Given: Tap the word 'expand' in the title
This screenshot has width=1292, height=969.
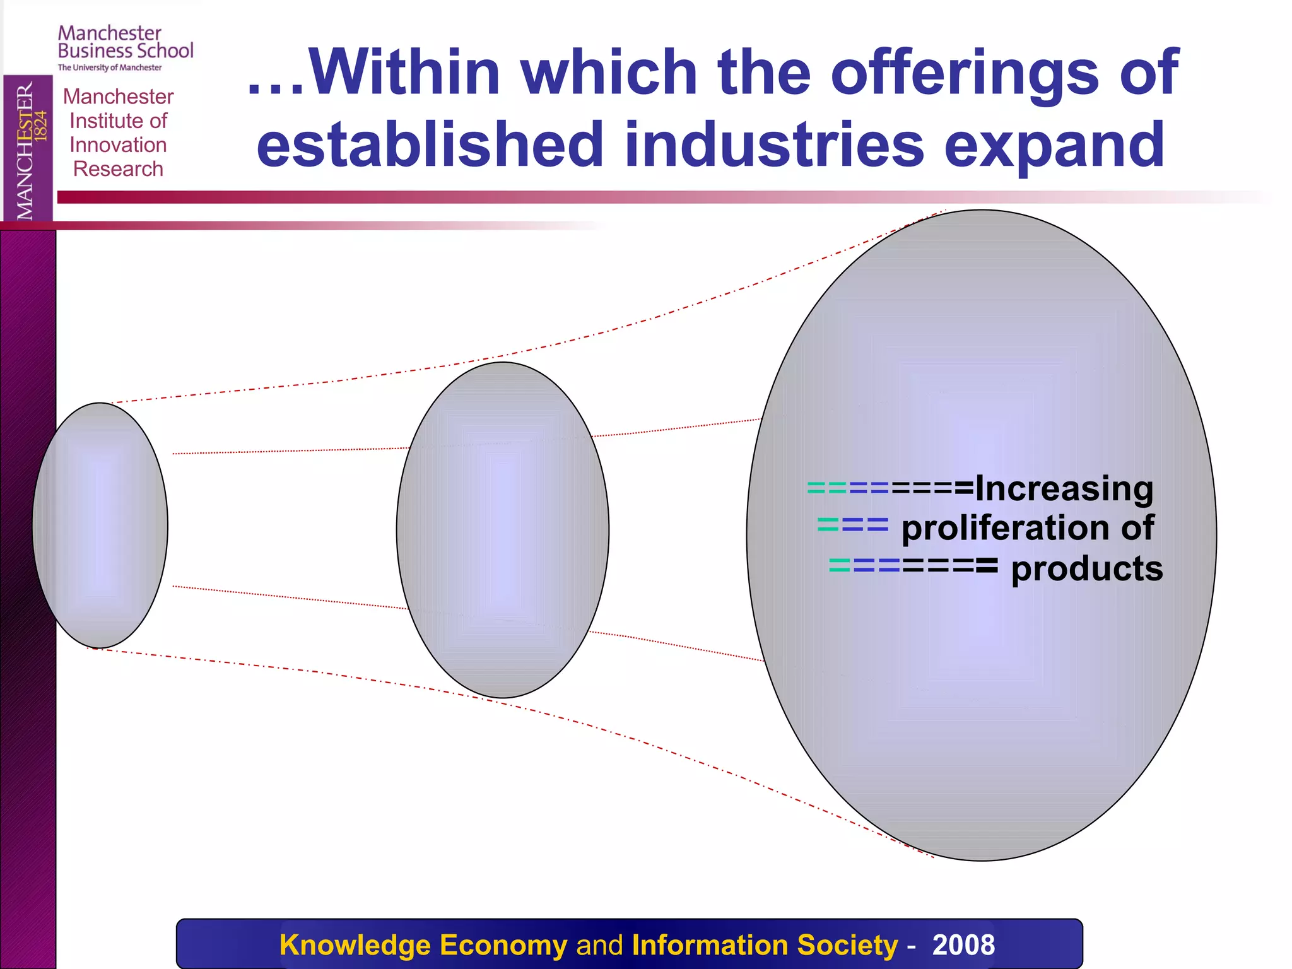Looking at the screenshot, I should tap(1054, 145).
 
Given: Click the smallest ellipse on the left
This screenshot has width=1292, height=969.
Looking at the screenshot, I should tap(100, 525).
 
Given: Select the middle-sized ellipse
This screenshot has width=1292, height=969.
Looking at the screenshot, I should tap(503, 530).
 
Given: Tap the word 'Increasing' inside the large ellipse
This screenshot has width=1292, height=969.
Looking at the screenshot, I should tap(1064, 489).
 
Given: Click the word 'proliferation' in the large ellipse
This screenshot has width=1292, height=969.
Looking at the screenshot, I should tap(1006, 528).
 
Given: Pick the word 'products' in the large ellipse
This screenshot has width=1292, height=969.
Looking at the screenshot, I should tap(1087, 568).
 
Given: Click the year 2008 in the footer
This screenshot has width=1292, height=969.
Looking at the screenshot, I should tap(963, 945).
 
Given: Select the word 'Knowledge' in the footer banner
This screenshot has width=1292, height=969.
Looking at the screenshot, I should tap(355, 945).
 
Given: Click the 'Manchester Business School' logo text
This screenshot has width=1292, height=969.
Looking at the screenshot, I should tap(125, 42).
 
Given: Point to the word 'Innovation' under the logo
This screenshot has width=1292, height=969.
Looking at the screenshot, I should tap(118, 145).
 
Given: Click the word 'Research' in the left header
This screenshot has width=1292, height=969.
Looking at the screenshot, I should tap(118, 169).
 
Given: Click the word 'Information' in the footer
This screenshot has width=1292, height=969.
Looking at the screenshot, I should tap(710, 945).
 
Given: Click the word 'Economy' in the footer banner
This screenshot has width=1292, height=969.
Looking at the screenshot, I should tap(503, 945).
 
